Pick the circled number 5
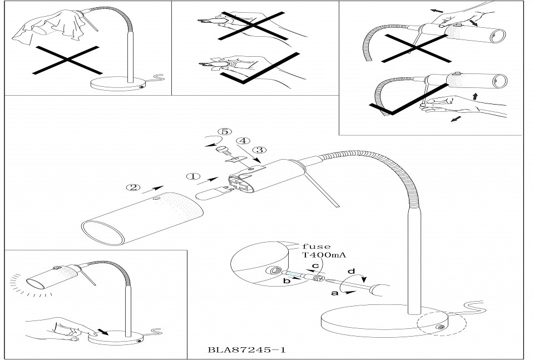224,132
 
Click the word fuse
317,246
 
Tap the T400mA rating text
323,257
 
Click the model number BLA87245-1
248,351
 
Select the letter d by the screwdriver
352,272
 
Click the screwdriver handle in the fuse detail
377,290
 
